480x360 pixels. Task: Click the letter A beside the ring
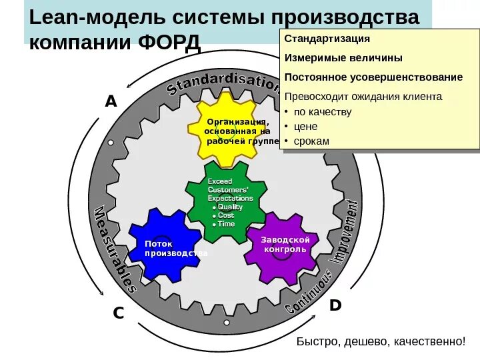(110, 102)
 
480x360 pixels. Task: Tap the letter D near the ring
(335, 305)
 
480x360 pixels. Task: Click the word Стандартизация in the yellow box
(327, 39)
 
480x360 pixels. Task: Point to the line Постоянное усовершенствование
(373, 77)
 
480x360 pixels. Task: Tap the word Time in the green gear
(226, 224)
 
